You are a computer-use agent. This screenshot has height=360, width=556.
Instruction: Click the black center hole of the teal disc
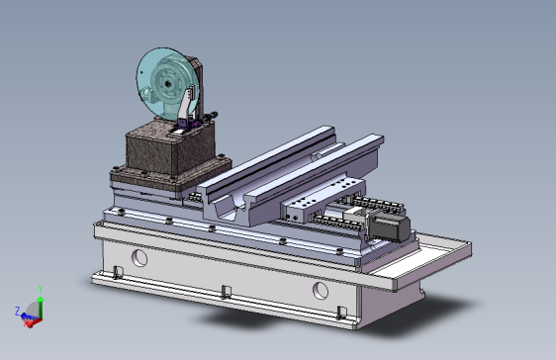point(167,84)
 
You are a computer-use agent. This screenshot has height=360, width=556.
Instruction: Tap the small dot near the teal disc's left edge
point(141,73)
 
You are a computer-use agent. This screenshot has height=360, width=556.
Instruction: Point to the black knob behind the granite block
point(214,115)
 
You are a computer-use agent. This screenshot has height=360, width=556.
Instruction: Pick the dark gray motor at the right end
point(390,226)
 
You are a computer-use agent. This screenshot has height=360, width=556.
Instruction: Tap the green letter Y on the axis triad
point(41,290)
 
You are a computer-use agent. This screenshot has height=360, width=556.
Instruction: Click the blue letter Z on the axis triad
point(17,312)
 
